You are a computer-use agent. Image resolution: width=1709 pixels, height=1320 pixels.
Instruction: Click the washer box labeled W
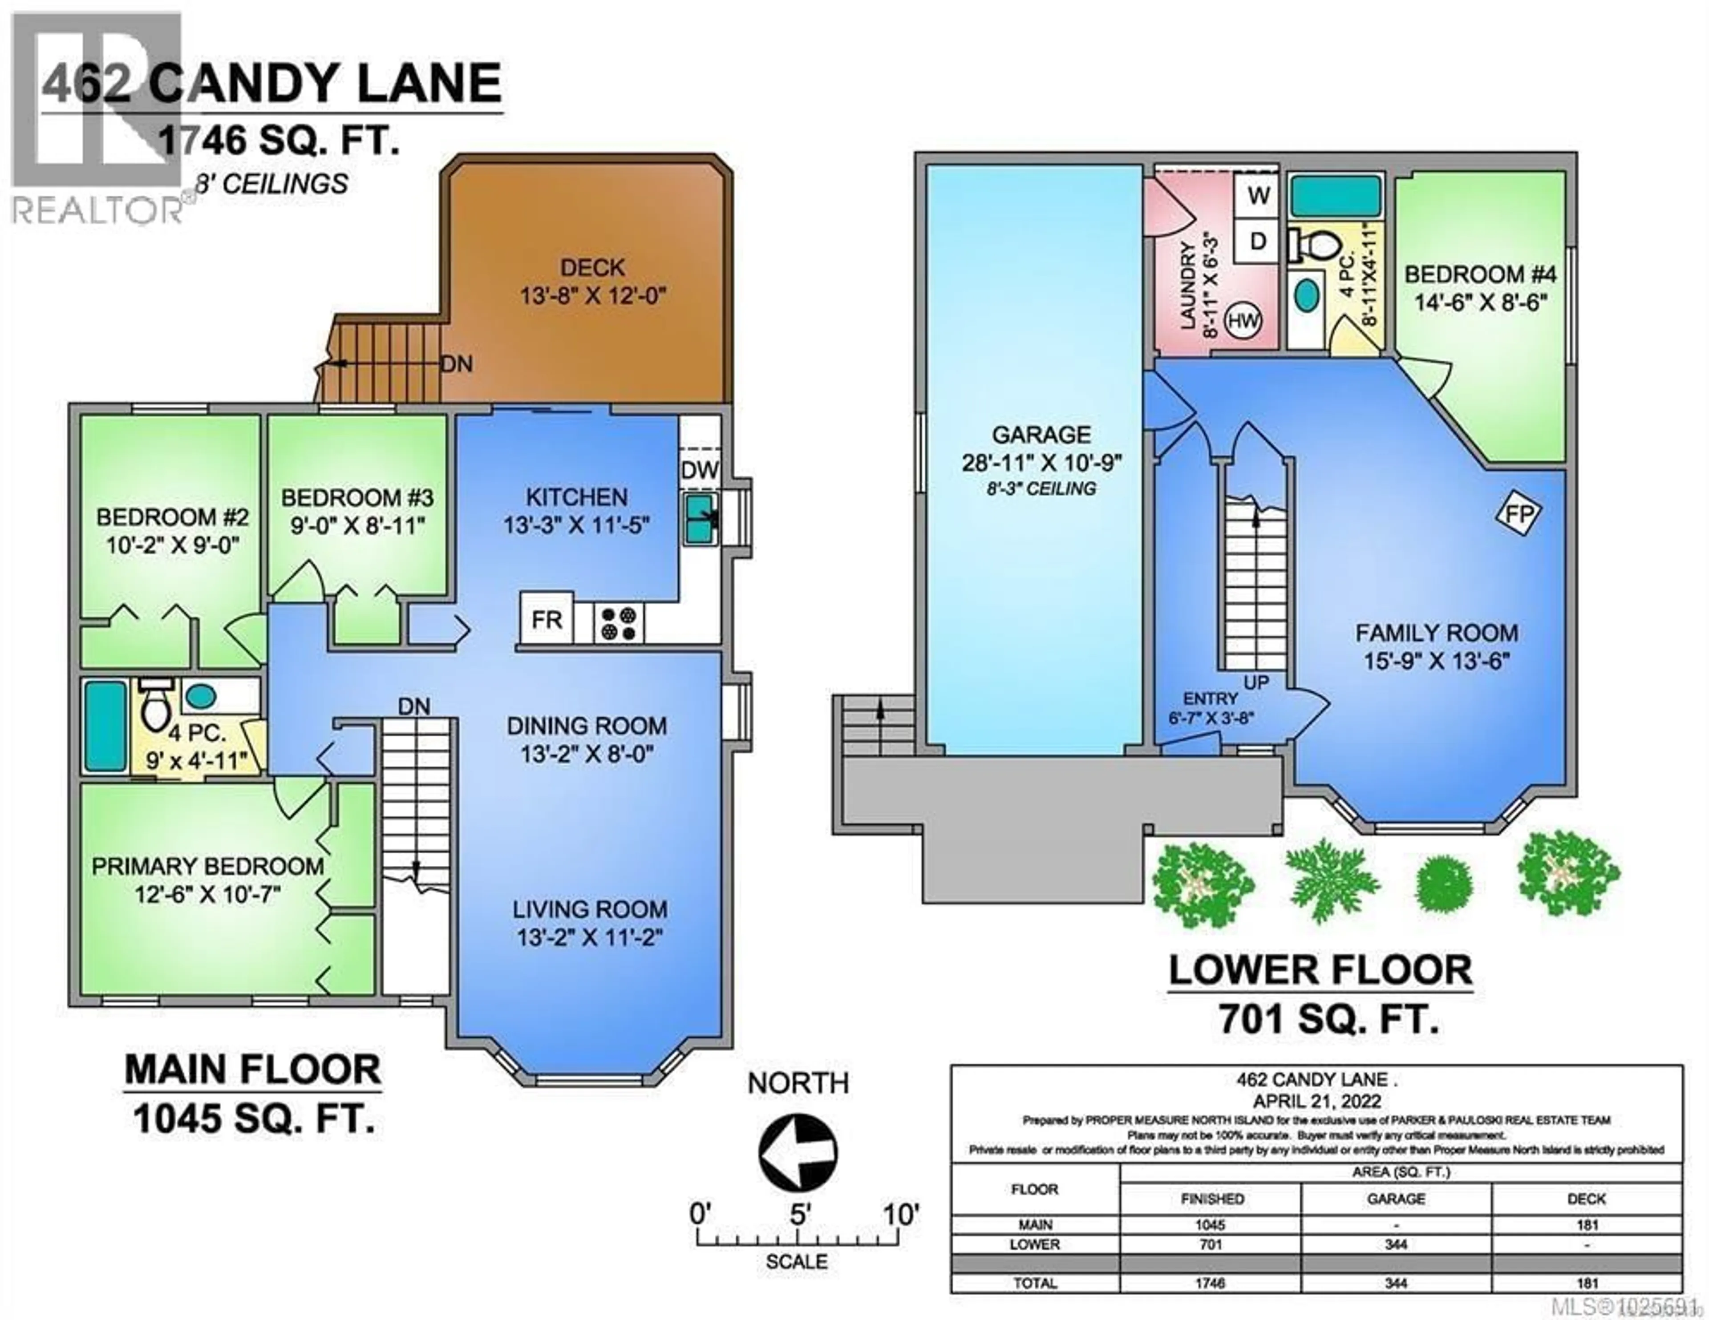[x=1258, y=196]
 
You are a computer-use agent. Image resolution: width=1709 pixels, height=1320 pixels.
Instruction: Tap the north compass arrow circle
[x=798, y=1153]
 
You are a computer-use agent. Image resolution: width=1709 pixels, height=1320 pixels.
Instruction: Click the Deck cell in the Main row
[x=1586, y=1224]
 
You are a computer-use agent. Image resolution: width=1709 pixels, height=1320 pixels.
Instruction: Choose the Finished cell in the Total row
[x=1211, y=1283]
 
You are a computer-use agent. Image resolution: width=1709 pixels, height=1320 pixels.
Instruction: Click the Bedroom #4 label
[x=1480, y=274]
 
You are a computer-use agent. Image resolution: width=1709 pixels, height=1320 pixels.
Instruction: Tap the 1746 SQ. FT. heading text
[x=279, y=141]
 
